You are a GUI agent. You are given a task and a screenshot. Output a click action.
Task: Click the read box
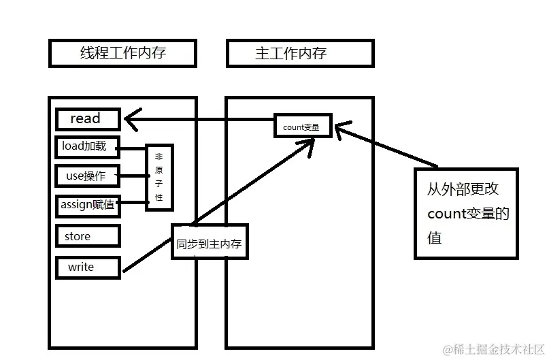[x=88, y=119]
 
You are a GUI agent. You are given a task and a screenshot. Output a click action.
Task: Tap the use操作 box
[x=88, y=176]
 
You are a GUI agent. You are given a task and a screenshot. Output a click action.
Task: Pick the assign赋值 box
[x=88, y=206]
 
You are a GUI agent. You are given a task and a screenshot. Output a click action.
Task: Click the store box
[x=88, y=236]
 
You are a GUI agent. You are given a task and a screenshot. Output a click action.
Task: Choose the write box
[x=88, y=267]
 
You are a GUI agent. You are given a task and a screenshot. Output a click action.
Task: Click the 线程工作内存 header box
[x=123, y=53]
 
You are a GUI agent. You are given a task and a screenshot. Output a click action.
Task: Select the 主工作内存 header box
[x=300, y=53]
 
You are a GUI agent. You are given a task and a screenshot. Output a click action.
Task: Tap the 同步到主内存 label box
[x=210, y=242]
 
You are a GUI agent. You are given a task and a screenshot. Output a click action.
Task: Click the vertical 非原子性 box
[x=159, y=177]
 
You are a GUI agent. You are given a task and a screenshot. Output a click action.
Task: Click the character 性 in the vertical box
[x=159, y=197]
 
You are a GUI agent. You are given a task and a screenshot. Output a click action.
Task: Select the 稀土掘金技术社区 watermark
[x=493, y=349]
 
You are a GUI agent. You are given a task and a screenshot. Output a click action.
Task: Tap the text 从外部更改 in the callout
[x=459, y=190]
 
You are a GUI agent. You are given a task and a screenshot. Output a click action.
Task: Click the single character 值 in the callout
[x=435, y=238]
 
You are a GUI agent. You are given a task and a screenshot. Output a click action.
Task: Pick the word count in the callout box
[x=446, y=214]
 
